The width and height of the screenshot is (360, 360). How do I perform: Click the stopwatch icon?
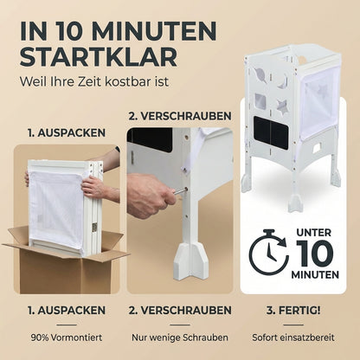tap(270, 252)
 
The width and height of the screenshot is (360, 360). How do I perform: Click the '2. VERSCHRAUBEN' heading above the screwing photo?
tap(179, 115)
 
